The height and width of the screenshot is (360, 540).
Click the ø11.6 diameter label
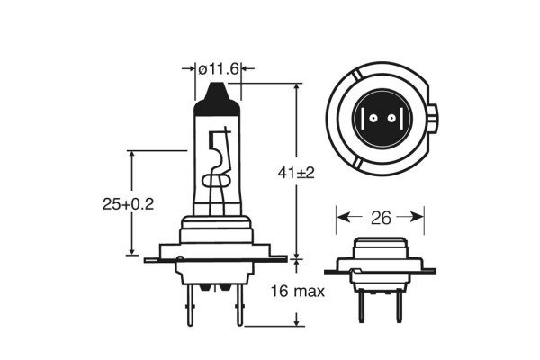point(219,68)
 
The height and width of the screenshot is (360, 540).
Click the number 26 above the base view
point(380,217)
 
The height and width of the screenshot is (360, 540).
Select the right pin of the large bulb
point(238,306)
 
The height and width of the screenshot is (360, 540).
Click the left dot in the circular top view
point(367,119)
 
